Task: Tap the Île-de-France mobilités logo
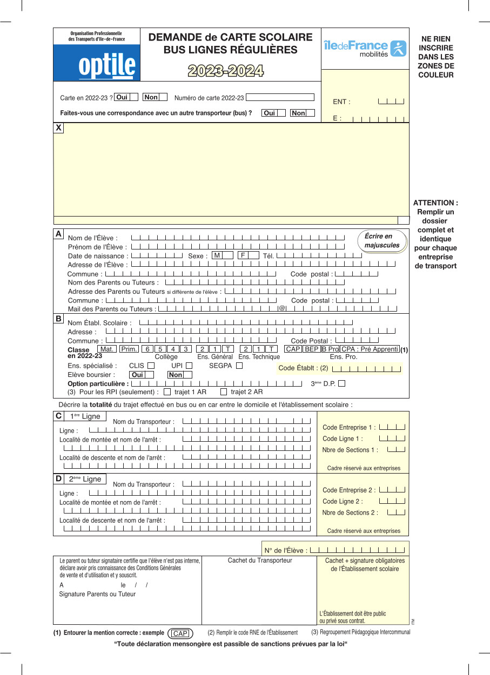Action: [365, 48]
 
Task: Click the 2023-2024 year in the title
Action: [226, 71]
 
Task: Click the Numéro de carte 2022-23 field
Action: [280, 98]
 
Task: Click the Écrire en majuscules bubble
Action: [382, 241]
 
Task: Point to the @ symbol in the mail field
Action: [281, 308]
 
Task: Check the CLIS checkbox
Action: [151, 366]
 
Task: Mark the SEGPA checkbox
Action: [239, 366]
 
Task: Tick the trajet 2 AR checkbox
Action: [224, 392]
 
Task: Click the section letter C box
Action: [58, 416]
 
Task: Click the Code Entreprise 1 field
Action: [392, 427]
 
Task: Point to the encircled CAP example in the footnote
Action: [180, 633]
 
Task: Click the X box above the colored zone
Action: [58, 127]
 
